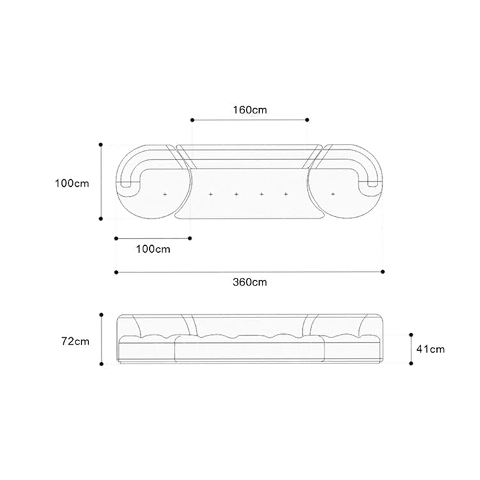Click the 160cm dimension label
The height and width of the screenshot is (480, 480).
[250, 110]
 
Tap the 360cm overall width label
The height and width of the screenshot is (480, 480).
[250, 282]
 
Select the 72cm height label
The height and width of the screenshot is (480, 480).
[76, 341]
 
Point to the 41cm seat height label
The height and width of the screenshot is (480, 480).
[431, 349]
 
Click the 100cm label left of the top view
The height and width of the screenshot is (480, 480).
[72, 184]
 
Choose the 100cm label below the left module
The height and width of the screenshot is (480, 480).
[153, 249]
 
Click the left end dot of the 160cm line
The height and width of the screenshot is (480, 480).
[192, 120]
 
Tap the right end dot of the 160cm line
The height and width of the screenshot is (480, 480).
[307, 120]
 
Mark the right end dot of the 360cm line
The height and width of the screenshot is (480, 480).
[383, 271]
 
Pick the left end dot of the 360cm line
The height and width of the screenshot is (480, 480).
[116, 272]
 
